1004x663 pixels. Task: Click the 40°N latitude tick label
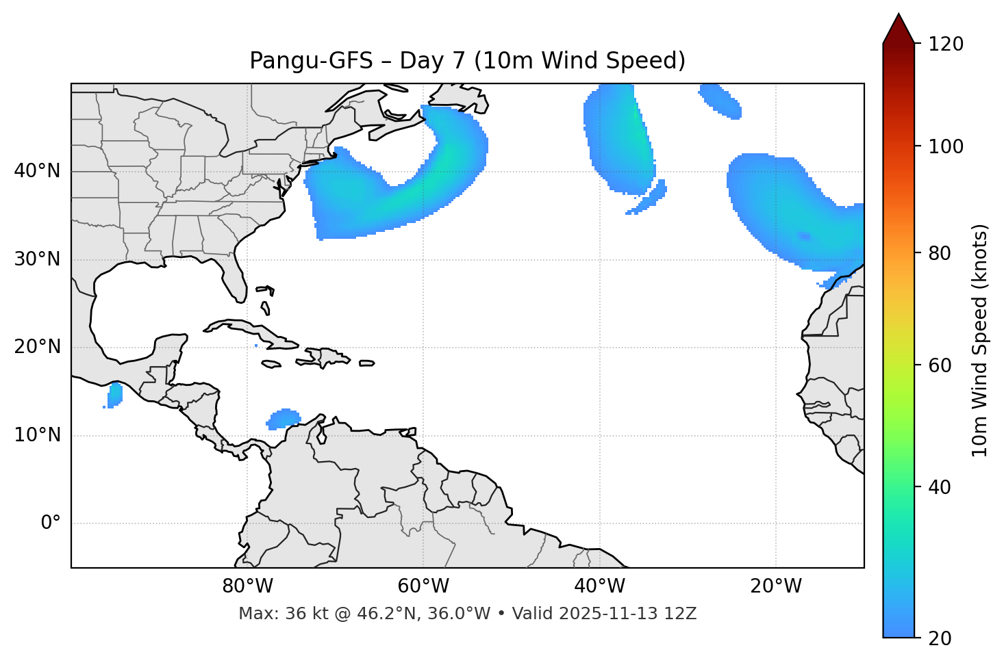pyautogui.click(x=37, y=171)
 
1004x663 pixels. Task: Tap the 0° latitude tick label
pyautogui.click(x=51, y=523)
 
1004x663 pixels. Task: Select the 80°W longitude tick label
pyautogui.click(x=247, y=586)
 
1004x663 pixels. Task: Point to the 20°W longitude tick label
pyautogui.click(x=776, y=586)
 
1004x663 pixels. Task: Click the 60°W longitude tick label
pyautogui.click(x=423, y=586)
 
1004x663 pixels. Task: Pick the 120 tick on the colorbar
pyautogui.click(x=946, y=44)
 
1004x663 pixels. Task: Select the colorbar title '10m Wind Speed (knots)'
pyautogui.click(x=980, y=340)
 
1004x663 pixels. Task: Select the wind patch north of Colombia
pyautogui.click(x=284, y=418)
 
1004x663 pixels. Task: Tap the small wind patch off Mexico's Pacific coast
pyautogui.click(x=114, y=395)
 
